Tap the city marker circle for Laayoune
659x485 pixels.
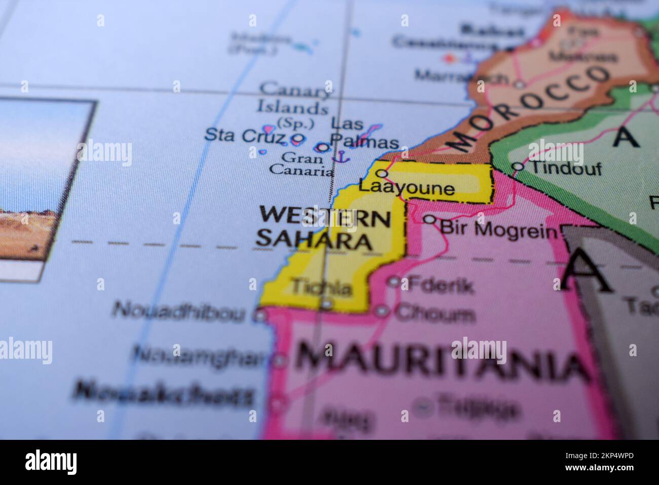pos(382,174)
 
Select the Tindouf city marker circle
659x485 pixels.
pos(517,166)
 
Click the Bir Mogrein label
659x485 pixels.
pos(499,229)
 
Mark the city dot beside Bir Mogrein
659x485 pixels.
pos(429,219)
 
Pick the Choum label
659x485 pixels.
pos(435,314)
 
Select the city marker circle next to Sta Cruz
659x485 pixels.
pos(298,137)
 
